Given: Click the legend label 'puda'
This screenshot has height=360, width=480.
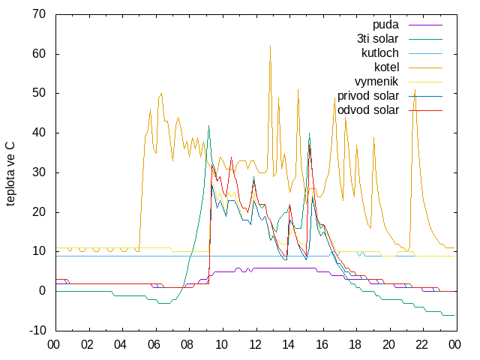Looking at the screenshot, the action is point(385,25).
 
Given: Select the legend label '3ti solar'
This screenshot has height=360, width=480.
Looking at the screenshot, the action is point(377,39).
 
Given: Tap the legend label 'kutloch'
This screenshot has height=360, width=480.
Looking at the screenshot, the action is point(380,53).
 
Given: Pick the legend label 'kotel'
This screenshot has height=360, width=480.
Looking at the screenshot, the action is point(386,67).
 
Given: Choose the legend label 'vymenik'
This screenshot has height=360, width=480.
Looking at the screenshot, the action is point(376,82).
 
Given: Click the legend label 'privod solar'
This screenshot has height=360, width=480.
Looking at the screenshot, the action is point(368,96).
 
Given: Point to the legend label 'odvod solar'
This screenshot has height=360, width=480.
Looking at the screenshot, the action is point(368,110).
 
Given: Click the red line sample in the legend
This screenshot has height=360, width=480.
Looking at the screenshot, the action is point(425,110).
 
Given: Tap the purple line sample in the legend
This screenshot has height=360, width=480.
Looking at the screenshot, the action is point(425,25).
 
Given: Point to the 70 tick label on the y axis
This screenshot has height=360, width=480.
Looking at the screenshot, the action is point(39,14).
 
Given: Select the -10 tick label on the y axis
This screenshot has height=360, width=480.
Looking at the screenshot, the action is point(37,331).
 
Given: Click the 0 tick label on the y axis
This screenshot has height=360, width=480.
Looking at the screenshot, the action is point(42,291).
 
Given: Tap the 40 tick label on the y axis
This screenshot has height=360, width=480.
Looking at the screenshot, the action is point(39,133).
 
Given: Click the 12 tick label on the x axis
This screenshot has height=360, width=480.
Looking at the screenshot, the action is point(255,345).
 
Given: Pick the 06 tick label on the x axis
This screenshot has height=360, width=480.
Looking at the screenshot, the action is point(154,345).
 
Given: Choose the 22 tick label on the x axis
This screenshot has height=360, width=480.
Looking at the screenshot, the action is point(421,345).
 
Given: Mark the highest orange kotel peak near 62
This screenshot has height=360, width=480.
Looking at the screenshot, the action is point(270,46).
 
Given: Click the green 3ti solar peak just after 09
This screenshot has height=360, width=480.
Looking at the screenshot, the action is point(208,125).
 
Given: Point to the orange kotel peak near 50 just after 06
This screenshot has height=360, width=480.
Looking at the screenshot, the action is point(161,93).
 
